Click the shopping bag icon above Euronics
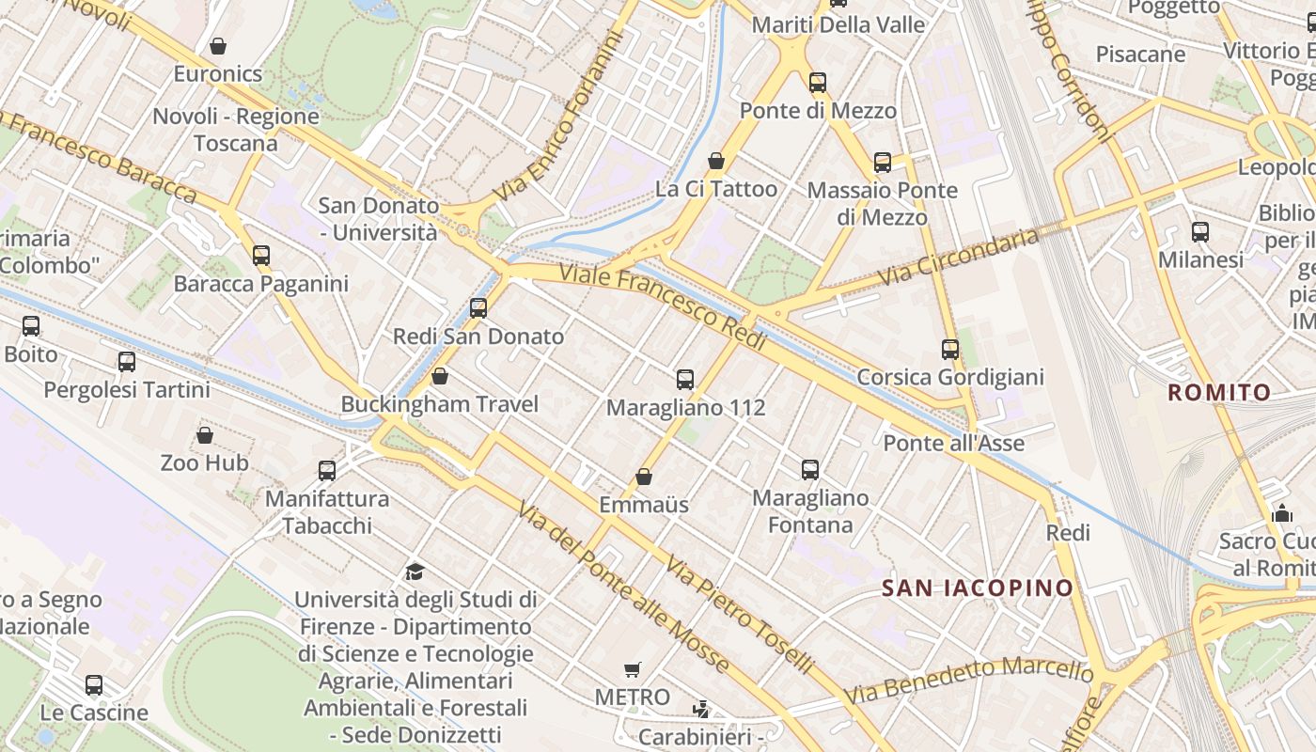tap(218, 46)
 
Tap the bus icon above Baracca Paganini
tap(261, 255)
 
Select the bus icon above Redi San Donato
tap(478, 307)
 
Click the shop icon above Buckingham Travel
tap(439, 376)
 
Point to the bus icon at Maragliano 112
tap(685, 380)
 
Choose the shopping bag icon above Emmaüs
tap(644, 477)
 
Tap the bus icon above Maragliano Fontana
tap(810, 469)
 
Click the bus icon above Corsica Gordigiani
tap(950, 350)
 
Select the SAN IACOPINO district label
tap(978, 588)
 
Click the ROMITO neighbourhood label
tap(1219, 393)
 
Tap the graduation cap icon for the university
tap(415, 572)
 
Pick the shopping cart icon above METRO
tap(633, 670)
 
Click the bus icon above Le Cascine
tap(94, 684)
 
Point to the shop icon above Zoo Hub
tap(205, 435)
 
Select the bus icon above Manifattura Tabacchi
tap(327, 470)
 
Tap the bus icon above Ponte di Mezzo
tap(818, 83)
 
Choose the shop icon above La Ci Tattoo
tap(716, 161)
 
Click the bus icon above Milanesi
tap(1200, 232)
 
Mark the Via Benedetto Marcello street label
tap(968, 681)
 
